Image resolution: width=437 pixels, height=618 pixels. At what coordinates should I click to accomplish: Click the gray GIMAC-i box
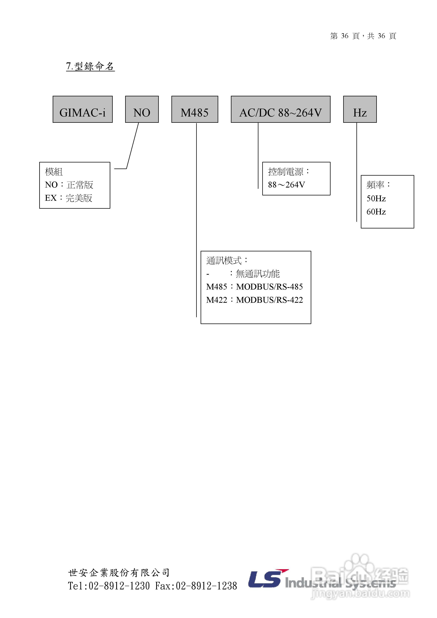[83, 109]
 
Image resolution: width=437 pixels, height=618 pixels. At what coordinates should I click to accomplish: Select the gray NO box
[142, 109]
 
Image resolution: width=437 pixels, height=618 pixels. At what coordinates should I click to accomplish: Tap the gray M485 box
[195, 109]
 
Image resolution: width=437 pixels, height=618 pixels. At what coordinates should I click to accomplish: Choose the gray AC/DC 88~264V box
[281, 109]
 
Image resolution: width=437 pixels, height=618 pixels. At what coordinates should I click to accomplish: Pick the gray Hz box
[360, 109]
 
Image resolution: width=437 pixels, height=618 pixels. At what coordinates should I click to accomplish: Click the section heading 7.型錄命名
[90, 66]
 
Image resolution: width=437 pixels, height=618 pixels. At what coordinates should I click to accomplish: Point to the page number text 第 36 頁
[345, 36]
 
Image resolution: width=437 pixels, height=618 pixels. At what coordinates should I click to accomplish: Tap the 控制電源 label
[289, 171]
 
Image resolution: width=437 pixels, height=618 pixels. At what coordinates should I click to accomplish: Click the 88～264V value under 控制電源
[287, 185]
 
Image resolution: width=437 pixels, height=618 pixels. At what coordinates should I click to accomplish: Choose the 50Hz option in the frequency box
[376, 198]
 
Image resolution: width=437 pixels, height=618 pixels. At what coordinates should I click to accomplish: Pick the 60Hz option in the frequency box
[376, 212]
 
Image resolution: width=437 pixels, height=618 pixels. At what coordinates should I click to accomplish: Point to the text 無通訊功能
[258, 274]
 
